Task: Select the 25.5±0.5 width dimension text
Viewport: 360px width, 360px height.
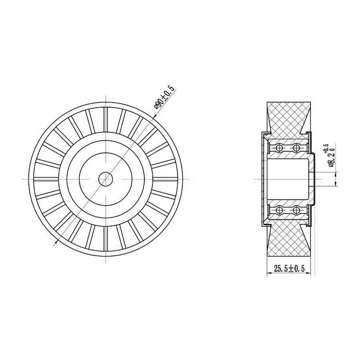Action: tap(289, 268)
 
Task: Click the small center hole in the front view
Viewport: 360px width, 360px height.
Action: tap(106, 179)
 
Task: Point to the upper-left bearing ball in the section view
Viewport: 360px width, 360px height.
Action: tap(279, 148)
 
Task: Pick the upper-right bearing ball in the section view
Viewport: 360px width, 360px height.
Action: tap(297, 148)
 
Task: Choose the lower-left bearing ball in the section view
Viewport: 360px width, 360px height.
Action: tap(279, 210)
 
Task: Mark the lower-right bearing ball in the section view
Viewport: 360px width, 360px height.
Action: tap(297, 210)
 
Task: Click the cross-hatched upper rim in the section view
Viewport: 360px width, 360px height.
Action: tap(288, 120)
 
